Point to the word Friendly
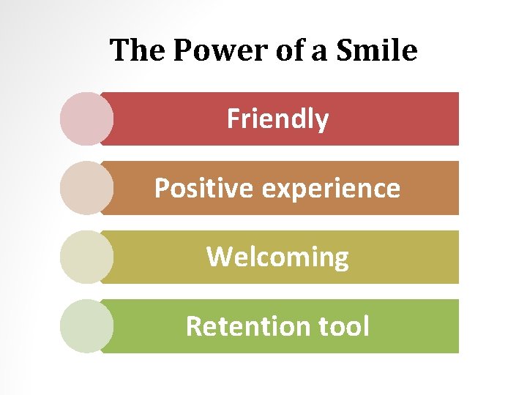coord(278,118)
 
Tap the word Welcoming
coord(277,257)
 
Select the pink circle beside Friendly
coord(86,118)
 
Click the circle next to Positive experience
coord(86,188)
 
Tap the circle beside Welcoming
coord(86,257)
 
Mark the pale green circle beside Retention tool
coord(86,326)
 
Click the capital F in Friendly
coord(233,118)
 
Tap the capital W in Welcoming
coord(220,257)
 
